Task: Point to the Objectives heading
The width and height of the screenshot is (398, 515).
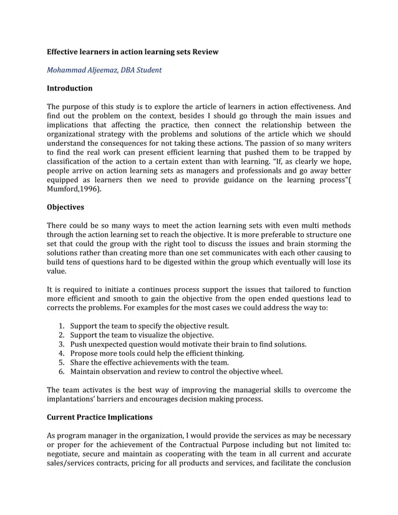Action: coord(66,206)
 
